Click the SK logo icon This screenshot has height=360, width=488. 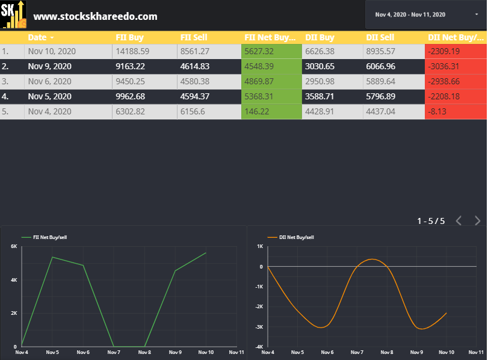tap(13, 15)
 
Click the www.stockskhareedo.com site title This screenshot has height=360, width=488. tap(95, 16)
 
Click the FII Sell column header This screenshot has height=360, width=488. tap(194, 37)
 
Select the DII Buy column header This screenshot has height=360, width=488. tap(320, 37)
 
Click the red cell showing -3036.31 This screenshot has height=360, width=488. tap(443, 66)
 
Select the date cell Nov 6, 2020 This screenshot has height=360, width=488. tap(49, 81)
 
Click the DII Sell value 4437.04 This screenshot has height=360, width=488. tap(380, 111)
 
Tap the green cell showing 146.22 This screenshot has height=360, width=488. tap(256, 111)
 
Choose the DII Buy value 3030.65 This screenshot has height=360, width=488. tap(320, 66)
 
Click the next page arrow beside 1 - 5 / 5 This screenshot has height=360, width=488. tap(477, 220)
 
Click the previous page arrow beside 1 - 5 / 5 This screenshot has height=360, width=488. tap(459, 220)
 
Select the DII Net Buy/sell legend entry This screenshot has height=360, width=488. tap(295, 238)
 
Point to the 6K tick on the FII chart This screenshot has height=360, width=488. tap(14, 246)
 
